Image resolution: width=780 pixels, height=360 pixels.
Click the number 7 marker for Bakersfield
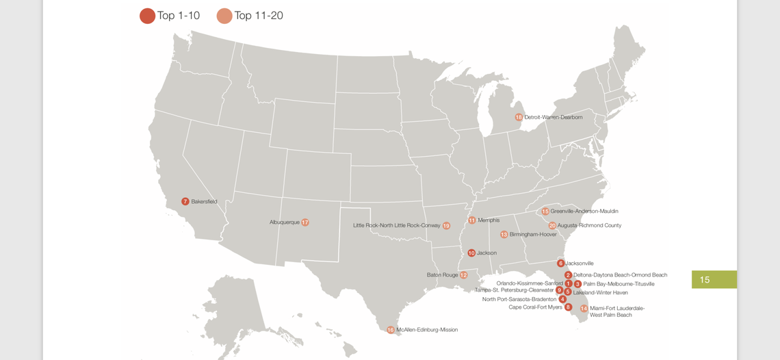click(x=185, y=202)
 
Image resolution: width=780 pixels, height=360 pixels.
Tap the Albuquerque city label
click(x=284, y=222)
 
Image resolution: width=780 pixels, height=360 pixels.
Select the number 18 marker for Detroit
click(x=519, y=118)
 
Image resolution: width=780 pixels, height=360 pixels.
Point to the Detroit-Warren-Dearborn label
click(x=554, y=118)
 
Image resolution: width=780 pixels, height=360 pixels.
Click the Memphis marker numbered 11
click(x=471, y=220)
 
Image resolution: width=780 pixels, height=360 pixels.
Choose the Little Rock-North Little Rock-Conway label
click(x=396, y=226)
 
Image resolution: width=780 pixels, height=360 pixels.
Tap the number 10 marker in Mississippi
click(x=471, y=253)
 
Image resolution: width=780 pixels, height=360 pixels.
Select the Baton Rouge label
click(x=442, y=275)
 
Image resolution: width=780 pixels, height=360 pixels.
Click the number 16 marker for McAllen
click(x=391, y=330)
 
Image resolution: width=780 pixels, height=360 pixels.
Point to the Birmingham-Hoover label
click(x=533, y=235)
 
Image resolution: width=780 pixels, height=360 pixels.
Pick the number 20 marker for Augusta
click(x=552, y=226)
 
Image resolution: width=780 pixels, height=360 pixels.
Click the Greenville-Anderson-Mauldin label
click(x=584, y=211)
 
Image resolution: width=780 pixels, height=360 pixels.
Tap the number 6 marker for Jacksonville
click(x=561, y=263)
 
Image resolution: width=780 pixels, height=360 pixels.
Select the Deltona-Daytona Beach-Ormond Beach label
click(x=620, y=275)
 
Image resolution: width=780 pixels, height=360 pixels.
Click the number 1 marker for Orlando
click(x=569, y=283)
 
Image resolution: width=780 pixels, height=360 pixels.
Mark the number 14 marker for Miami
click(x=584, y=309)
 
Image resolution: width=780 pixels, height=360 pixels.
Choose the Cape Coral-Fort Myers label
click(x=535, y=307)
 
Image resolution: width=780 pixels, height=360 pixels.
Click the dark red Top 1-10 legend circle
click(x=147, y=16)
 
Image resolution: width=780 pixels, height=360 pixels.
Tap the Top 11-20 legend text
click(x=259, y=16)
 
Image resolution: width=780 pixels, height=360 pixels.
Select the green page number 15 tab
click(x=714, y=279)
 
